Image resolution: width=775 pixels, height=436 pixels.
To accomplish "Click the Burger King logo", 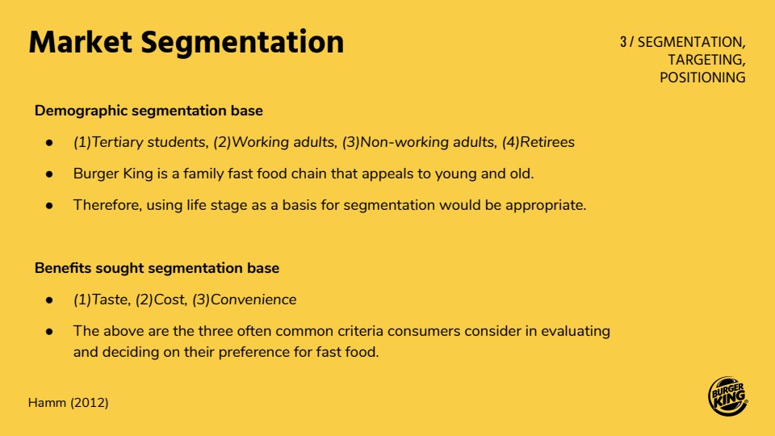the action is click(727, 396).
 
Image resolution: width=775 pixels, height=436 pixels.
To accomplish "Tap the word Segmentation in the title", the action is click(242, 43).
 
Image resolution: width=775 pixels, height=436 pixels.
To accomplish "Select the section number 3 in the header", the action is click(622, 42).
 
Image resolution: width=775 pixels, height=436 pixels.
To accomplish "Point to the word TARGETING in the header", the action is click(706, 60).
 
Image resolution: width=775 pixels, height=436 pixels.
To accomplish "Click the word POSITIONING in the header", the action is click(702, 78).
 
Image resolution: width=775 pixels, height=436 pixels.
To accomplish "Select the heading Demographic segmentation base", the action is click(149, 111).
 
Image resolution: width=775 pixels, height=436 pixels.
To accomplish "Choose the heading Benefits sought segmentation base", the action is click(157, 268).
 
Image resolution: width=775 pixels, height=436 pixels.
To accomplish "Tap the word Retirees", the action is click(547, 142).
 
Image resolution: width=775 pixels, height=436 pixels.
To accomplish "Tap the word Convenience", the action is click(253, 300).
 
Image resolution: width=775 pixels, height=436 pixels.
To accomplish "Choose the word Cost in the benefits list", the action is click(170, 300).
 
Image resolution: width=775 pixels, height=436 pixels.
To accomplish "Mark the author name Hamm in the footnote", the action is click(47, 403).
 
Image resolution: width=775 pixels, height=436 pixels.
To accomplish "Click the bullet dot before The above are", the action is click(49, 332).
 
